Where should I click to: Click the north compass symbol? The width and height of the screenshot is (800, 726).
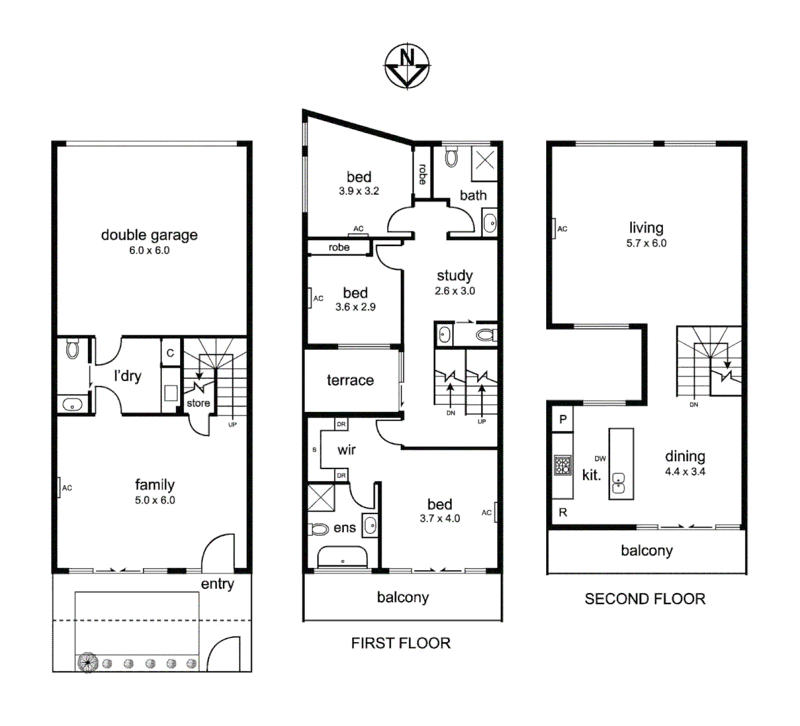pos(407,66)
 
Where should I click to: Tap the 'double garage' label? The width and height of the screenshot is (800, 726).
pos(149,235)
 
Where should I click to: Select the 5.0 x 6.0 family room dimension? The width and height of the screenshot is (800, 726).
pos(154,500)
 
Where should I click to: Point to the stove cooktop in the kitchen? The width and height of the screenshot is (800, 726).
pos(562,464)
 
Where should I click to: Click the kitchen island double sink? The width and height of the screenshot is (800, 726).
pos(619,483)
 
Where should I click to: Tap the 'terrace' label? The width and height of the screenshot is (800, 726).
pos(350,380)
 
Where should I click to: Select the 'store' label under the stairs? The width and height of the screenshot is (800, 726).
pos(198,403)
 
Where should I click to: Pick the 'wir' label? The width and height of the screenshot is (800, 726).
pos(347,450)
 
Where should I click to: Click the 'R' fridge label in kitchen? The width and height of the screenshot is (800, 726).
pos(563,512)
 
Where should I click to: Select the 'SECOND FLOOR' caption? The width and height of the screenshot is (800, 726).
pos(645,599)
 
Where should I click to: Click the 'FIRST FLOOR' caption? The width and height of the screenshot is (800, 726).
pos(400,643)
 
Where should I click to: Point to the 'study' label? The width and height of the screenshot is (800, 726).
pos(455,276)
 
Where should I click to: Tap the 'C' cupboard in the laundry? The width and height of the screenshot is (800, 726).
pos(170,353)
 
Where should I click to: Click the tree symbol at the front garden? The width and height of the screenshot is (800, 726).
pos(87,663)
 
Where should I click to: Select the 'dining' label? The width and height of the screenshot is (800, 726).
pos(685,456)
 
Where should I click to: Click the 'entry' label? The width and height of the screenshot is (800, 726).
pos(218,584)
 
